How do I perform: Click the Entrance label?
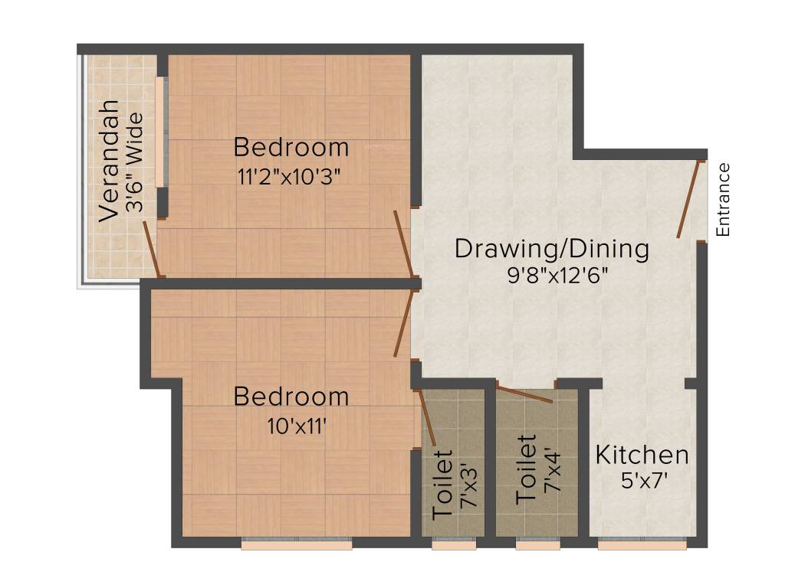(723, 199)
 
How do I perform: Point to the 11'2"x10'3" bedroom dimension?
(289, 176)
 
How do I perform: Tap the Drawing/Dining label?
(552, 249)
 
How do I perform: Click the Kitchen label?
(642, 455)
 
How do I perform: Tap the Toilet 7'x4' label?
(537, 469)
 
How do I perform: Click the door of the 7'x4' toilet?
(524, 394)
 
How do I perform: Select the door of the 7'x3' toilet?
(429, 418)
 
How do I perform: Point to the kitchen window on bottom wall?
(642, 545)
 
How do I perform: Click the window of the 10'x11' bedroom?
(297, 545)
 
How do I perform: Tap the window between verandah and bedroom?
(160, 132)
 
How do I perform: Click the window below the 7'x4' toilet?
(537, 545)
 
